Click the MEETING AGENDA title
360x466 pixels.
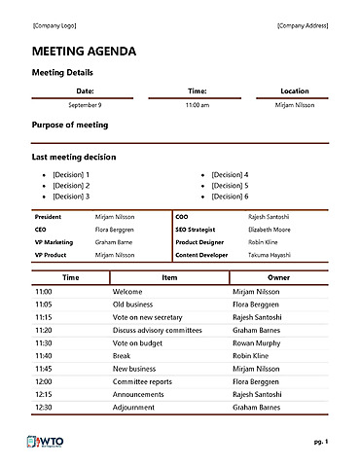[x=85, y=52]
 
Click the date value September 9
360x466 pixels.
[x=85, y=104]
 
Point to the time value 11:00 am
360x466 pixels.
[x=197, y=104]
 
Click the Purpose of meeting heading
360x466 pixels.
[x=70, y=125]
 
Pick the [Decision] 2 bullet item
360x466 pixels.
[x=71, y=185]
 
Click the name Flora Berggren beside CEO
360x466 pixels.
[x=115, y=229]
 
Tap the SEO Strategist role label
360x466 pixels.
[x=199, y=229]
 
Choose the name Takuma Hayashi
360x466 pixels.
[x=270, y=254]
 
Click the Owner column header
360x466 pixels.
[x=278, y=277]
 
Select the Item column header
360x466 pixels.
[x=169, y=277]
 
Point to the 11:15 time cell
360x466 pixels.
[x=43, y=316]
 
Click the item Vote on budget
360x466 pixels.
[x=135, y=342]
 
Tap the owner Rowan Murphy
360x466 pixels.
[x=257, y=342]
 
